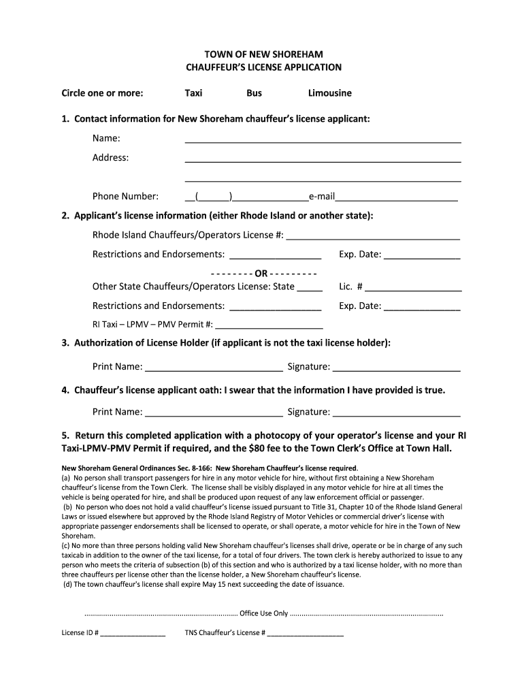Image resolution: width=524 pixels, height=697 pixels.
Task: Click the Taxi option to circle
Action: (193, 93)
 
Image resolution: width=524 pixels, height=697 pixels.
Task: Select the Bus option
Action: (254, 93)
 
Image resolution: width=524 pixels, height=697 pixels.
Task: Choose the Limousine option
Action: (329, 93)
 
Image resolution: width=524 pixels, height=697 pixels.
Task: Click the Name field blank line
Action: (323, 140)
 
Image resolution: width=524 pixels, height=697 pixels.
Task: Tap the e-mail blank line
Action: (396, 198)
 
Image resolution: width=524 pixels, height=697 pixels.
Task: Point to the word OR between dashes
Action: (271, 274)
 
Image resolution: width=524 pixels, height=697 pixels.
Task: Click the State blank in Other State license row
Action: (310, 289)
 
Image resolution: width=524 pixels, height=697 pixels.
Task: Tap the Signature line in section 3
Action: (396, 369)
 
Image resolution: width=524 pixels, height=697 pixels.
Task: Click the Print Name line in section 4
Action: (214, 413)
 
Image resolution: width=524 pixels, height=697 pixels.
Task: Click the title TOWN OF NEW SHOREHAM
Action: (264, 54)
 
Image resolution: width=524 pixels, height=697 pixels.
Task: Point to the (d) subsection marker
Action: (67, 584)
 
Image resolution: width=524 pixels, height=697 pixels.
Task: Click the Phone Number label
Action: (126, 197)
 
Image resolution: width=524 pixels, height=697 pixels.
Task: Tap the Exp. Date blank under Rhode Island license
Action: (423, 257)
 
